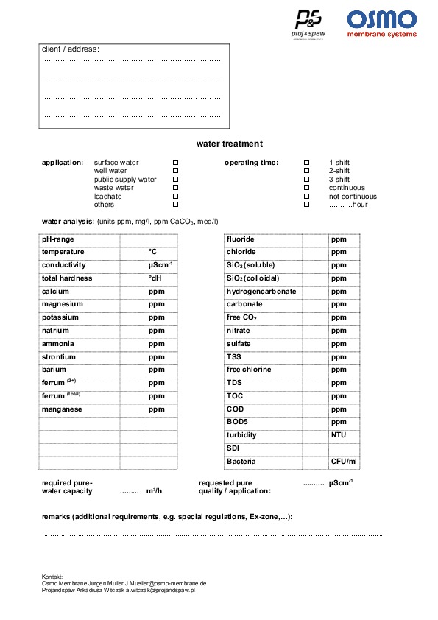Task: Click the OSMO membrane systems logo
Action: tap(381, 24)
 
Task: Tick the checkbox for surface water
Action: tap(175, 162)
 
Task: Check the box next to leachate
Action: tap(175, 196)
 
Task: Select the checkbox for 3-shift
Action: tap(307, 179)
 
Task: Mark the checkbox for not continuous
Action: tap(307, 196)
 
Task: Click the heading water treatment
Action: tap(229, 144)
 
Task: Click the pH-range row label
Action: tap(58, 239)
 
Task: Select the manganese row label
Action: tap(62, 409)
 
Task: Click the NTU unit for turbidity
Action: tap(339, 435)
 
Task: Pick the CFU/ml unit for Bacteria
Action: tap(344, 462)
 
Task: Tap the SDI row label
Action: tap(233, 448)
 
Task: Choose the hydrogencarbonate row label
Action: tap(261, 292)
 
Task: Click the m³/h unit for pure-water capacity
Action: tap(154, 491)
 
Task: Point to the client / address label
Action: tap(71, 49)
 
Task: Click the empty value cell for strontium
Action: tap(133, 357)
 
